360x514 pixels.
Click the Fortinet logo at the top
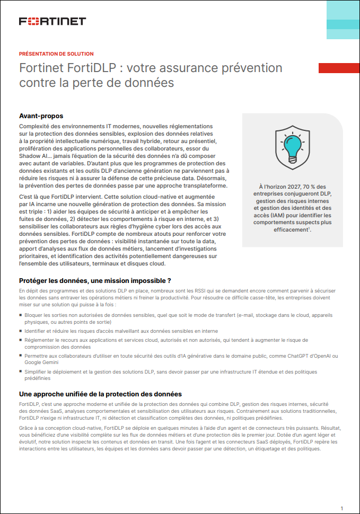[x=52, y=21]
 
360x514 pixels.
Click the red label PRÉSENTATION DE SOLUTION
[x=56, y=54]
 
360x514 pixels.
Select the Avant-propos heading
[x=41, y=116]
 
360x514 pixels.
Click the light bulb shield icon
[x=292, y=149]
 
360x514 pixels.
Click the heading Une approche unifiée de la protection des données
[x=100, y=394]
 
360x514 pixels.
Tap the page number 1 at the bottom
[x=341, y=507]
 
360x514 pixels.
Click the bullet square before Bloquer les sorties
[x=21, y=315]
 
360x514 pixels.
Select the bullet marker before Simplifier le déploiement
[x=21, y=373]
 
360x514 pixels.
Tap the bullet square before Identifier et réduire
[x=21, y=331]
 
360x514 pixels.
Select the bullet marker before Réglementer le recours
[x=21, y=340]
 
